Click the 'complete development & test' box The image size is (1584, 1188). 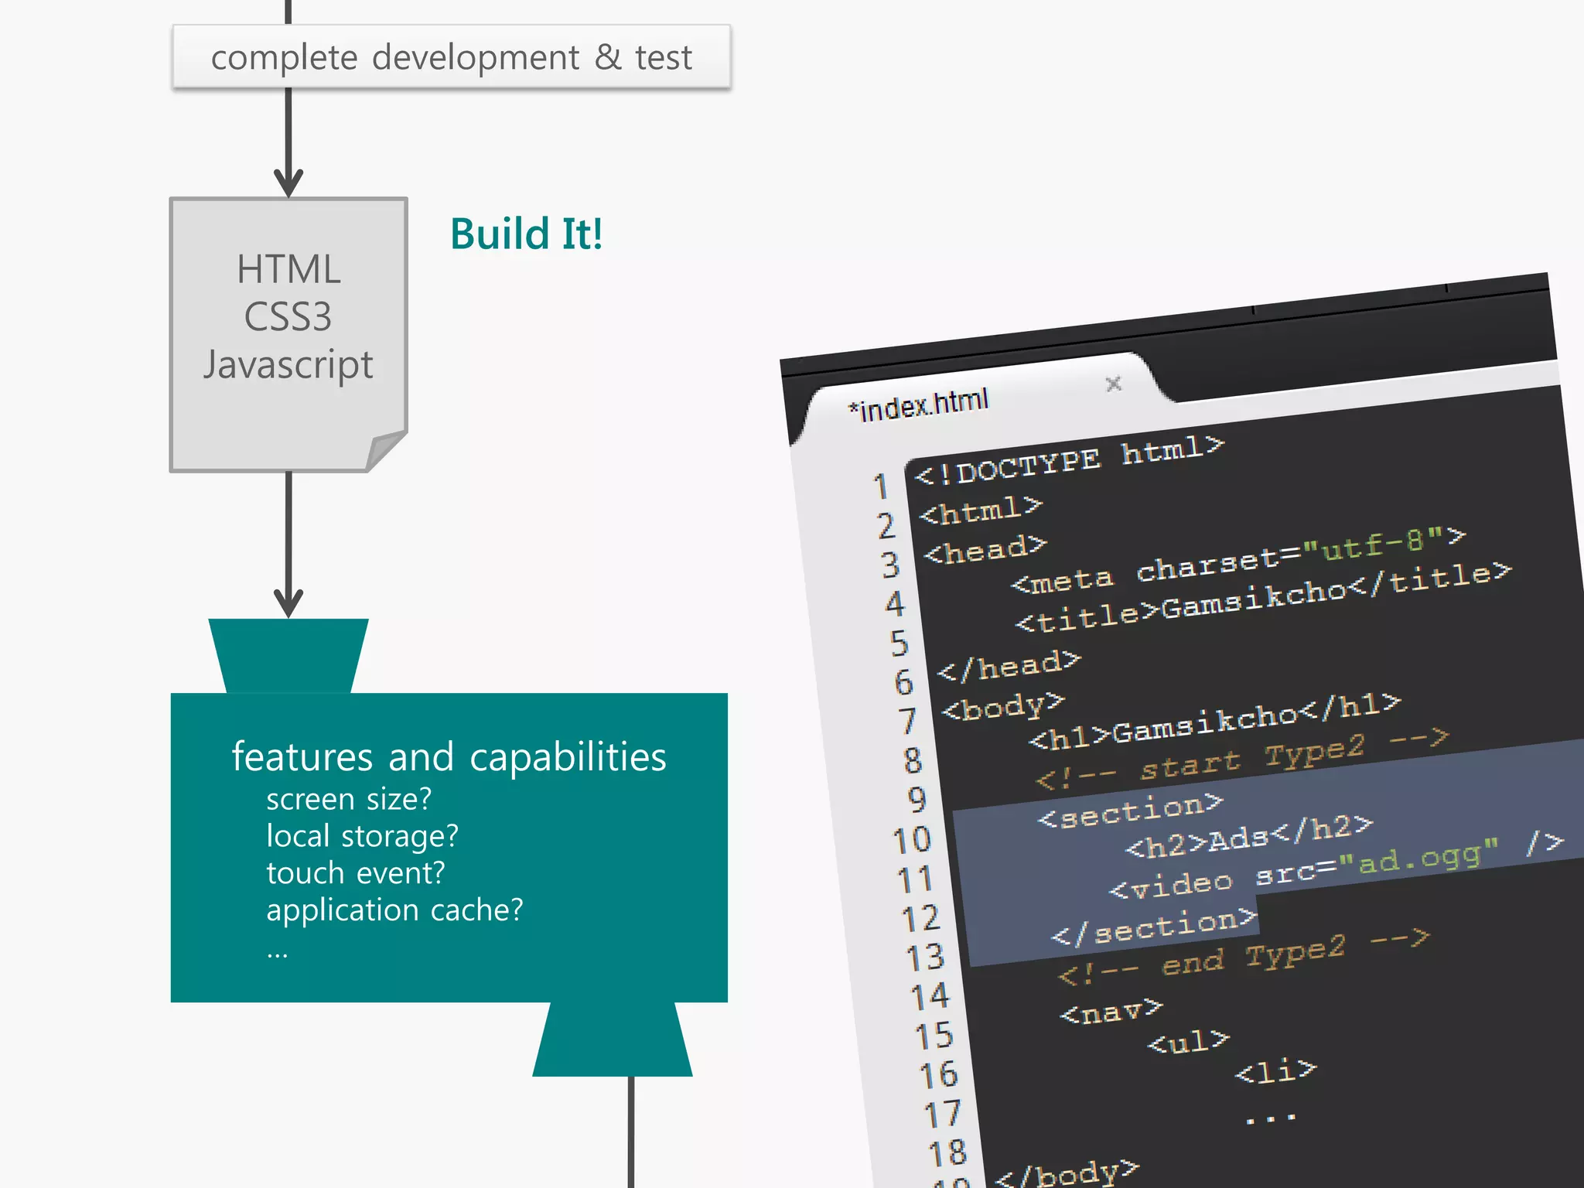click(x=451, y=57)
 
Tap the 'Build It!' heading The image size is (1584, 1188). click(x=526, y=234)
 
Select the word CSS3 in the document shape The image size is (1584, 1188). click(x=288, y=317)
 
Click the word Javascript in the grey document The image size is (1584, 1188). click(x=288, y=365)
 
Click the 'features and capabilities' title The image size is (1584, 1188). click(x=449, y=756)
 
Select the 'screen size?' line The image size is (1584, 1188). click(x=349, y=799)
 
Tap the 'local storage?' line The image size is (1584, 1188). click(x=362, y=836)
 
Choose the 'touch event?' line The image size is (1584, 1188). click(x=356, y=873)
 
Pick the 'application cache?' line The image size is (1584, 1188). click(x=394, y=910)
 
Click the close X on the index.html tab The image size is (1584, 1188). click(x=1114, y=384)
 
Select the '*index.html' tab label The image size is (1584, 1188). click(x=919, y=404)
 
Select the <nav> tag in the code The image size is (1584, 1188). click(x=1111, y=1010)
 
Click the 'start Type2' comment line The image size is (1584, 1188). click(x=1241, y=760)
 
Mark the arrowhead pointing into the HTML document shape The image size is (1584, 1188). click(x=288, y=184)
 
